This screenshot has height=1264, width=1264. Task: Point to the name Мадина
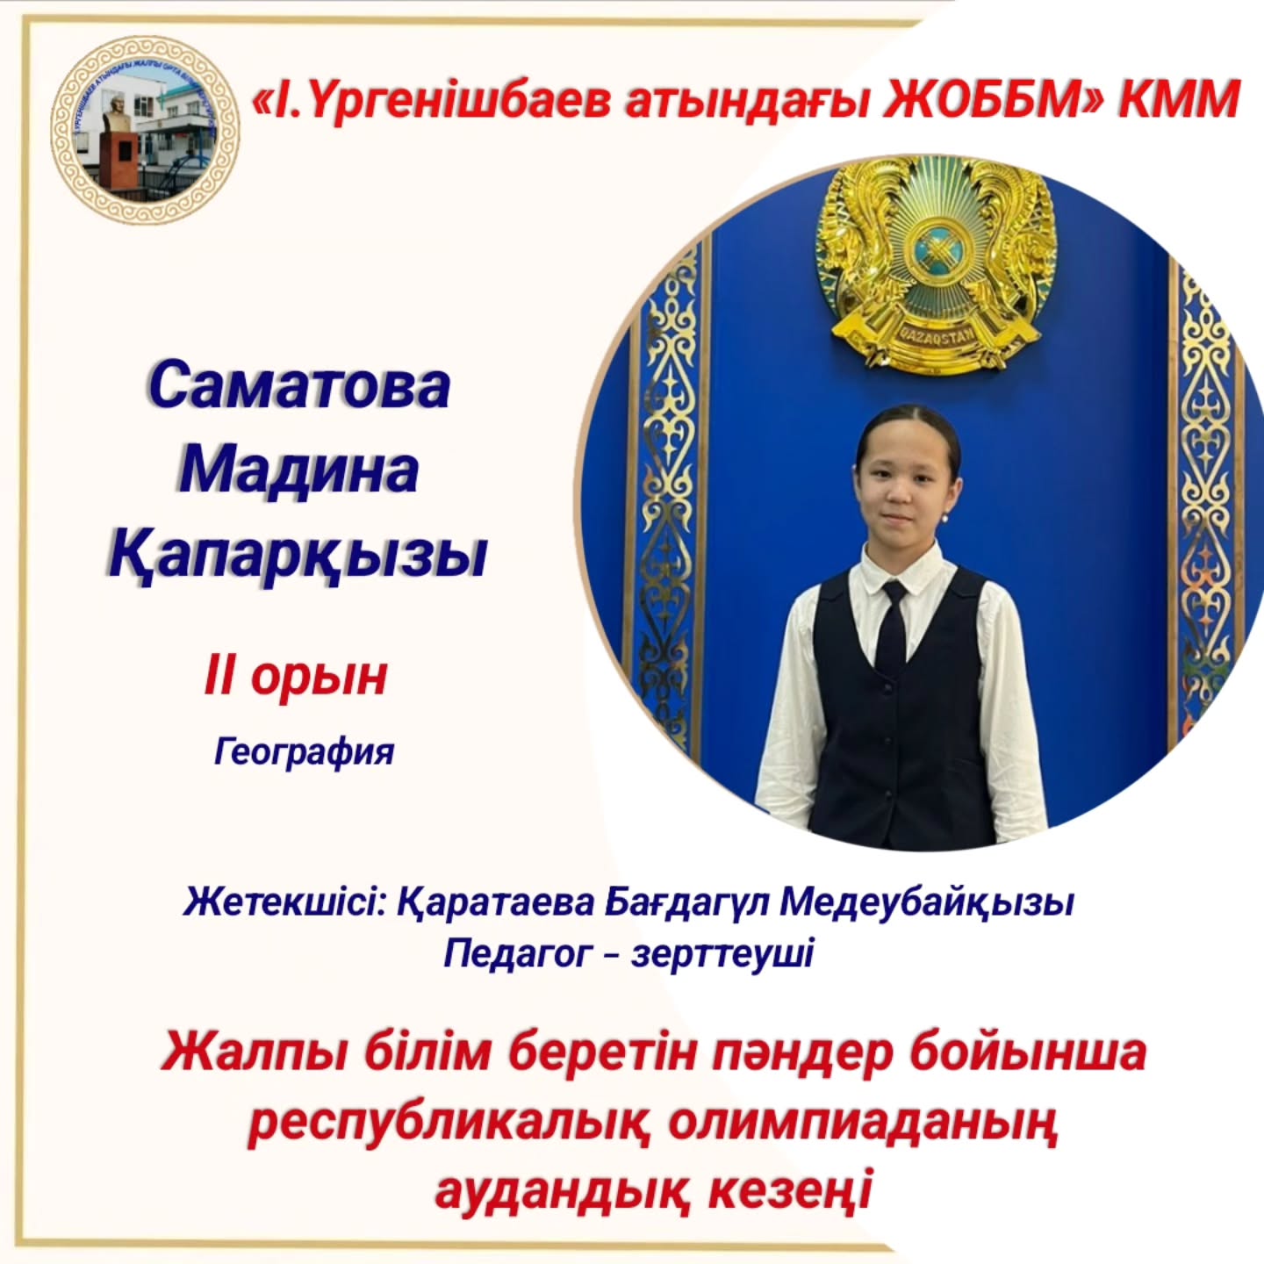click(x=298, y=471)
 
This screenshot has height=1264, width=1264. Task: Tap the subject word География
click(x=304, y=753)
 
